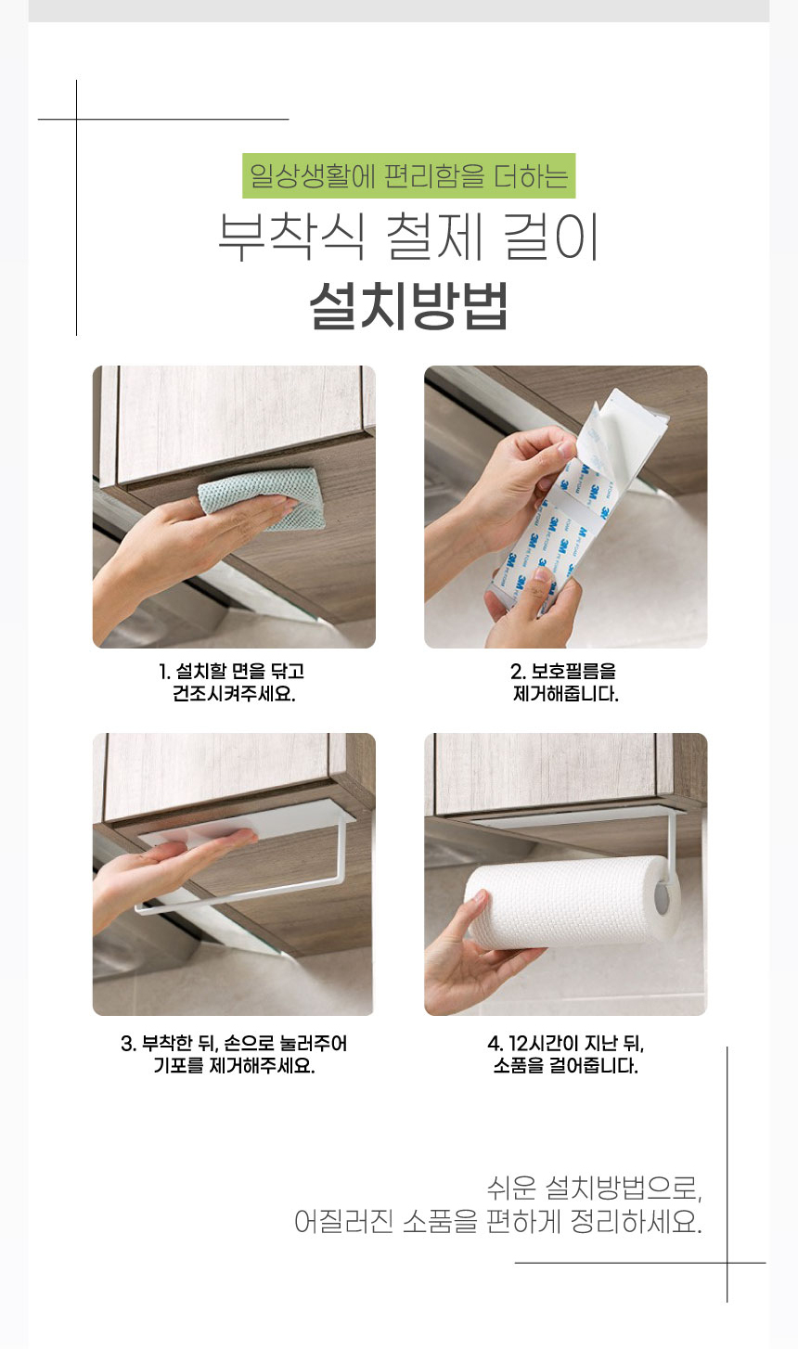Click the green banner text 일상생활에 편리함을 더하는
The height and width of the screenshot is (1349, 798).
[x=408, y=176]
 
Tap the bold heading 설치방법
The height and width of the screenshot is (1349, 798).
[x=408, y=305]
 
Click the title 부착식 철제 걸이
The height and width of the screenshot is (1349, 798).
[x=408, y=238]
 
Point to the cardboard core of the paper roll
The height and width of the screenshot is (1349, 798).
[x=663, y=898]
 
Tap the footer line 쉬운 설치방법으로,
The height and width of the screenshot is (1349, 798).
[x=594, y=1188]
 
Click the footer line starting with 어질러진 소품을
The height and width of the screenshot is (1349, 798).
[x=497, y=1221]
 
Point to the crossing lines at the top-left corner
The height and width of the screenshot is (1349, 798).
[x=76, y=120]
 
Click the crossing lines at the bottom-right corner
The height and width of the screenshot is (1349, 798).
[x=727, y=1263]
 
